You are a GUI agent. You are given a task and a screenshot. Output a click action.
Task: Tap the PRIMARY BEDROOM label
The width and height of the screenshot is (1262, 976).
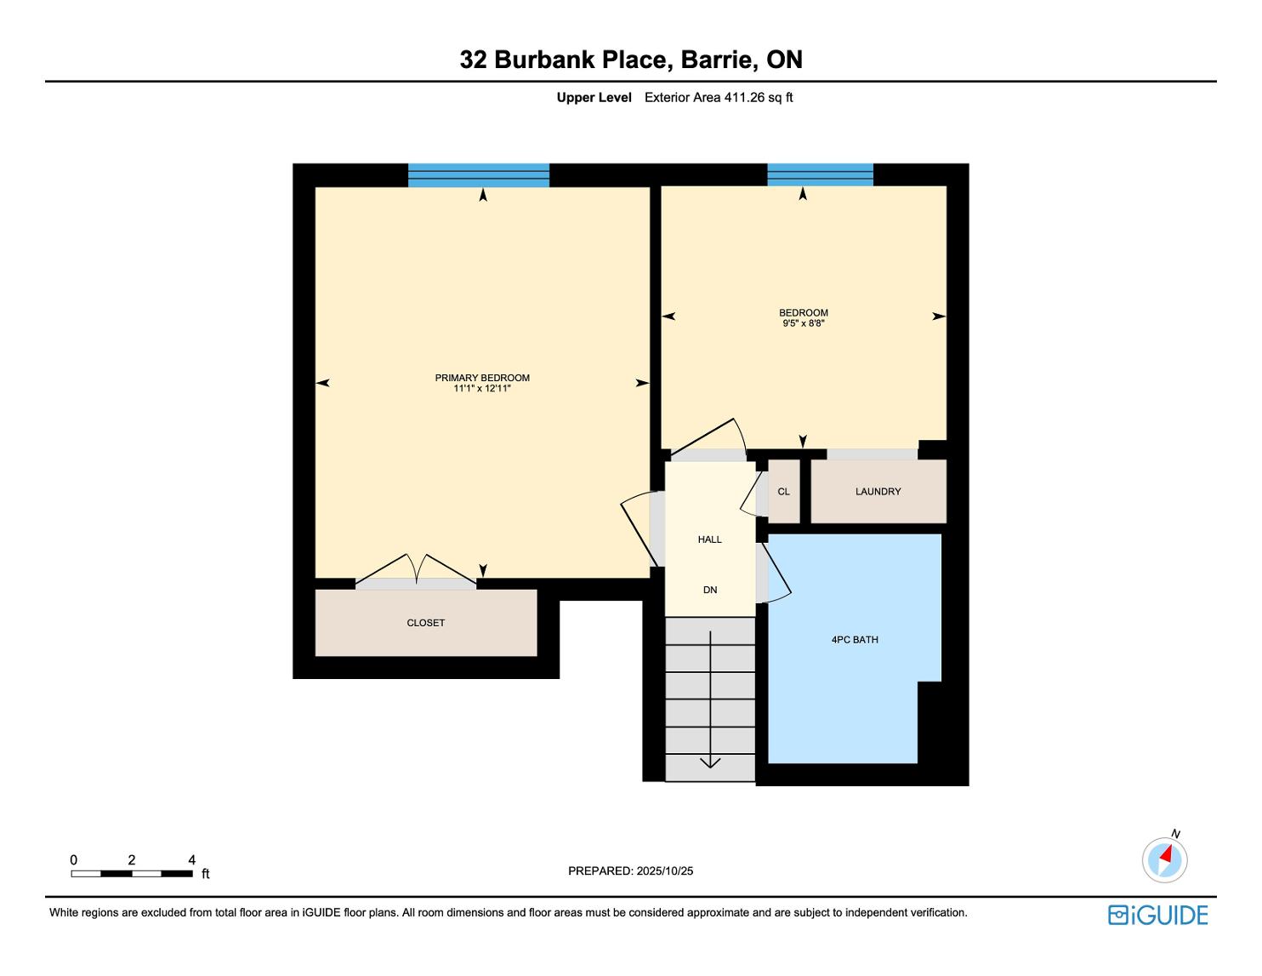(482, 378)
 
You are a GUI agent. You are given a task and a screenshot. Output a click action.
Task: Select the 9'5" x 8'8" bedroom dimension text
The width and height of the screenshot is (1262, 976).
(803, 323)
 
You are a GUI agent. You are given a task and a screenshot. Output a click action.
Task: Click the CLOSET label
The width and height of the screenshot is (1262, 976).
(426, 623)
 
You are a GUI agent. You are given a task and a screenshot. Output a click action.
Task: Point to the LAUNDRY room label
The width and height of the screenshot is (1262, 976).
(878, 492)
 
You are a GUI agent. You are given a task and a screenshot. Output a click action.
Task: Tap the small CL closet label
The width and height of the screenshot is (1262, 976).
(783, 492)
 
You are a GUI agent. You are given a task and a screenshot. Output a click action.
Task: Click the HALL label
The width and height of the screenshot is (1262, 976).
(710, 539)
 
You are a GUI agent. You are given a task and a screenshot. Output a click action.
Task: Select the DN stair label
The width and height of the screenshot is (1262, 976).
(710, 590)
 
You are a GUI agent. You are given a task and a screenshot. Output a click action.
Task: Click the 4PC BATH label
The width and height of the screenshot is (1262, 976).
(855, 640)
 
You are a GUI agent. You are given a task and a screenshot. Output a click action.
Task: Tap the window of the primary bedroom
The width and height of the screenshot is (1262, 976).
(479, 175)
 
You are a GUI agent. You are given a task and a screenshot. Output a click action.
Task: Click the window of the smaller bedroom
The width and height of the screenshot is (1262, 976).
(820, 175)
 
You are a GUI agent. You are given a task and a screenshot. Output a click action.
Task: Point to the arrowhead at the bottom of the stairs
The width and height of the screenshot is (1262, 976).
(710, 762)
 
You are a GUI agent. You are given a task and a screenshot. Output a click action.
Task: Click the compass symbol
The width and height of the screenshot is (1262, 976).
(1164, 859)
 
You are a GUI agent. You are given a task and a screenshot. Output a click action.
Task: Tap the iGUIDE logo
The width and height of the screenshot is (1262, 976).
(1157, 915)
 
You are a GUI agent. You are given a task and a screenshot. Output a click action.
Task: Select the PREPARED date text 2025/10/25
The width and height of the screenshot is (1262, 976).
(664, 870)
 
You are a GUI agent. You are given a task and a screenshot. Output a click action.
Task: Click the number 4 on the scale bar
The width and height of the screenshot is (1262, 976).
(191, 859)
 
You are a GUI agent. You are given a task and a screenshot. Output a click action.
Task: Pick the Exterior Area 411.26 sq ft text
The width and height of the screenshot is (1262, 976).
(719, 98)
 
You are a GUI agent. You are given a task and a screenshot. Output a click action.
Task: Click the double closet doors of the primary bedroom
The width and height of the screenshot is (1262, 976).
(416, 569)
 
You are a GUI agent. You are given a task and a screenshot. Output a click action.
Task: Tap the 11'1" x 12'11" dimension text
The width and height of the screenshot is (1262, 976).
(482, 388)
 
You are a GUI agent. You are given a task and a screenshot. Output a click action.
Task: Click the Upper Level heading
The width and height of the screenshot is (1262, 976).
(594, 98)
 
